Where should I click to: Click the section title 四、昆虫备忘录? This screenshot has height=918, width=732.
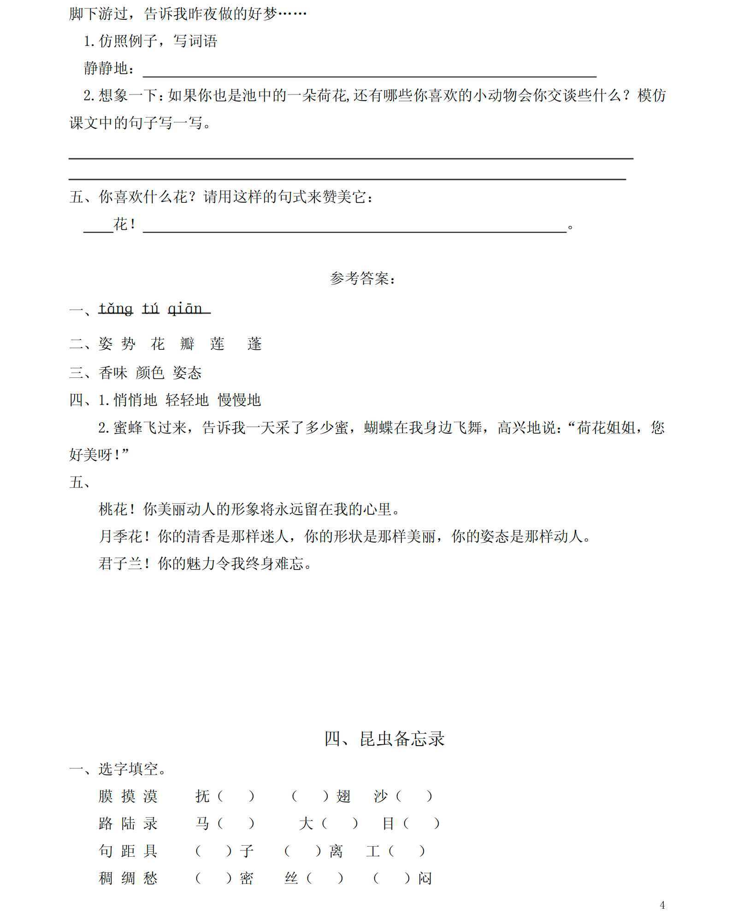coord(384,739)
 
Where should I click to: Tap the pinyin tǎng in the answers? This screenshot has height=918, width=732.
coord(115,308)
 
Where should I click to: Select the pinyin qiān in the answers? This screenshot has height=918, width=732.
coord(185,308)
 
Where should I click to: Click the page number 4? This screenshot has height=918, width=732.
coord(662,905)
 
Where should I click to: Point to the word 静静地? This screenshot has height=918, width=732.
coord(106,68)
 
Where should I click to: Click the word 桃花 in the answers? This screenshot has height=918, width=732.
coord(113,509)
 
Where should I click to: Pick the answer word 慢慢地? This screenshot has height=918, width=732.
coord(239,400)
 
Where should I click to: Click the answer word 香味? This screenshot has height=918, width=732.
coord(113,373)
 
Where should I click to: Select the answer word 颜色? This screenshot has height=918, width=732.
coord(150,373)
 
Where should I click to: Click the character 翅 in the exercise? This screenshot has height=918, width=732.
coord(343,796)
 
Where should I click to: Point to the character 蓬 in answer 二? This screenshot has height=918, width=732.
coord(254,344)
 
